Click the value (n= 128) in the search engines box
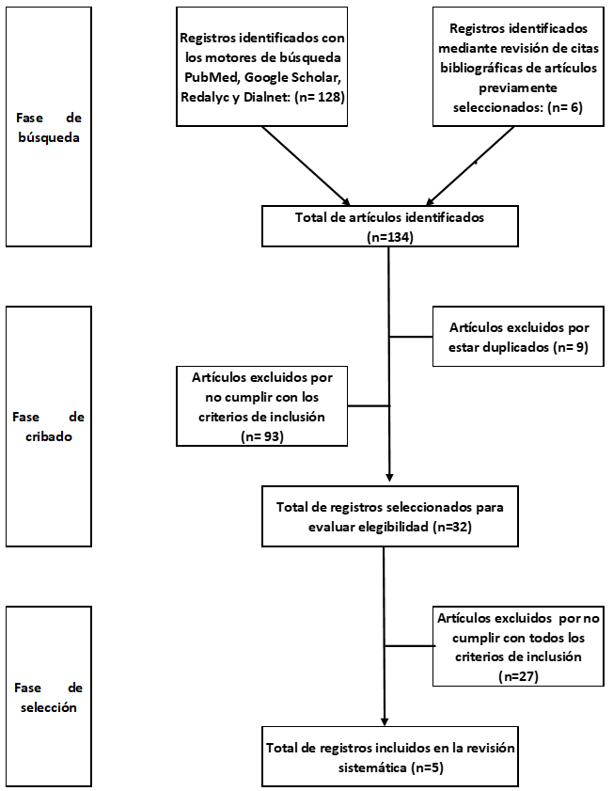(320, 97)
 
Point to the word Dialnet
(266, 97)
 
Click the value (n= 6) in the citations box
(565, 107)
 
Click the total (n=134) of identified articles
(390, 237)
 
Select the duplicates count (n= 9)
(571, 347)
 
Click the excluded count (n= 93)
(262, 436)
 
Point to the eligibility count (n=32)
(451, 527)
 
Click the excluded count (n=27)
(518, 676)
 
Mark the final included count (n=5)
(427, 767)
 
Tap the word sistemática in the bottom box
(372, 767)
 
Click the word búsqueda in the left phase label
(48, 137)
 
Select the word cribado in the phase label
(49, 436)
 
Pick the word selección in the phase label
(49, 707)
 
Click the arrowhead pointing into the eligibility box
(389, 477)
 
